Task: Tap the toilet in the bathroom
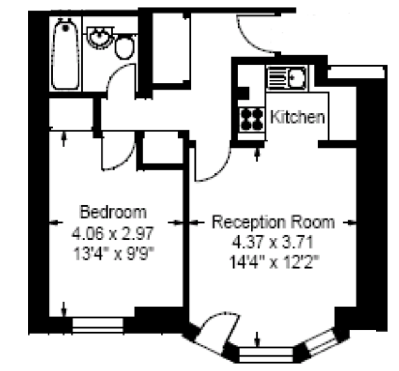125,48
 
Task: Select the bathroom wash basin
100,38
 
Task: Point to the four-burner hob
252,119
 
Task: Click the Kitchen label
297,117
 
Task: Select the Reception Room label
273,222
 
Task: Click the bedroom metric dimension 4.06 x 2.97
113,233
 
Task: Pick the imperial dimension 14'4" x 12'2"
274,262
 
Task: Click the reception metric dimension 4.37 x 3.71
272,242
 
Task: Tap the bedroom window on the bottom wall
98,325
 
